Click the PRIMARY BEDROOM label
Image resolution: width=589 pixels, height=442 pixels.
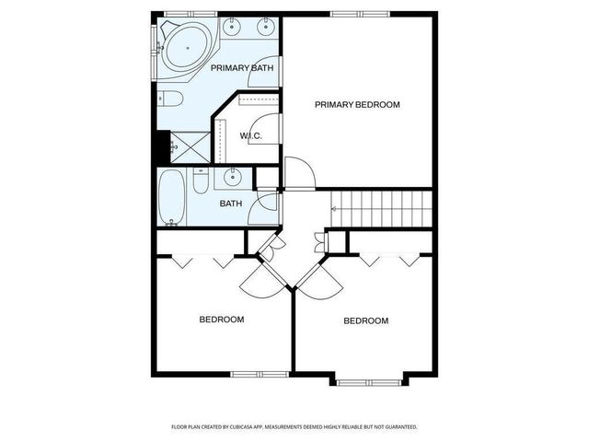click(x=357, y=104)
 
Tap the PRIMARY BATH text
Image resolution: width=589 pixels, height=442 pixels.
click(x=242, y=68)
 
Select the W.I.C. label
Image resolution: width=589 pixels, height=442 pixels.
click(x=251, y=136)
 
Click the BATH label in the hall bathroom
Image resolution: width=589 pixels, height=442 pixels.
click(x=230, y=204)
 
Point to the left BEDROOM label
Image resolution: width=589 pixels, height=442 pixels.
click(x=222, y=320)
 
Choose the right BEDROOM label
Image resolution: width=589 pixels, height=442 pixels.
click(x=365, y=320)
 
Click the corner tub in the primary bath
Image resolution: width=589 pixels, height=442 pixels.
click(x=187, y=45)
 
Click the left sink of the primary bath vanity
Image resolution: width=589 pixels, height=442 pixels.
click(x=231, y=28)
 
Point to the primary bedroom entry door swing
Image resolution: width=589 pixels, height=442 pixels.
click(x=299, y=173)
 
